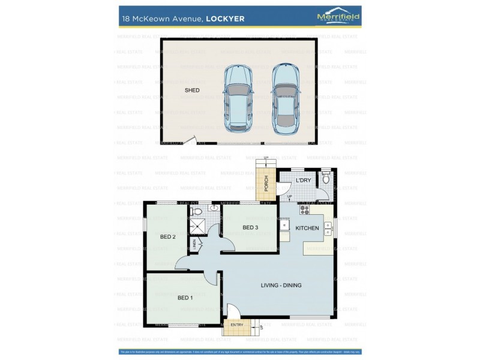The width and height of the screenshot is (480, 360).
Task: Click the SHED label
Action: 192,90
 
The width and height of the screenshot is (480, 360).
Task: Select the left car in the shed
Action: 238,98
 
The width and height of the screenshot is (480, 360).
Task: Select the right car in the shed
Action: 285,98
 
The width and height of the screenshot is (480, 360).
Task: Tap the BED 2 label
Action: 167,237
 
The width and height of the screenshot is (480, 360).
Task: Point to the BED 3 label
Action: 251,227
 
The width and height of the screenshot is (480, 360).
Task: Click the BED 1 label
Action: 185,298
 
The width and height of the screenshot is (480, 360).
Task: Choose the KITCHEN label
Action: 307,228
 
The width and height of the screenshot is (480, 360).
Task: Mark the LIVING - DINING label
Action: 281,285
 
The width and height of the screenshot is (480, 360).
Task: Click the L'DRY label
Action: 303,181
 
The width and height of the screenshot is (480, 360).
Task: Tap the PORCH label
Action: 266,184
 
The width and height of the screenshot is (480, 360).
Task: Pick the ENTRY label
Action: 237,325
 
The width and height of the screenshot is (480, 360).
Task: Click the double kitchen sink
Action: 328,228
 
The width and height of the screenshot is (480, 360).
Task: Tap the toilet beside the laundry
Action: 326,178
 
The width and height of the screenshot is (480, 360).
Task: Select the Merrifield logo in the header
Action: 338,18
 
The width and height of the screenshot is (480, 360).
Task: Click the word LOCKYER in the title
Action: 225,19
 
